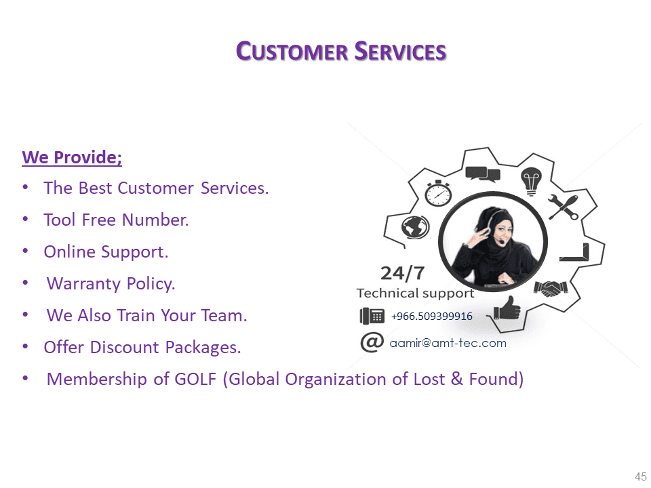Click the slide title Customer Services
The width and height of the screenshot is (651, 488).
click(341, 52)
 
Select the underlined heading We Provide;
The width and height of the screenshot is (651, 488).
click(72, 158)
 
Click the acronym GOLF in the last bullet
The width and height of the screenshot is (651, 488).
click(195, 379)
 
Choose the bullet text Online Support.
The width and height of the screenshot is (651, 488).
click(106, 252)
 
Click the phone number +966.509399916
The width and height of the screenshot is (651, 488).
click(432, 317)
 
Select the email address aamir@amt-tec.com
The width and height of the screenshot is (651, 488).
click(448, 343)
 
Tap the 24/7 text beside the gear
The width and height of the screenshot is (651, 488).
click(402, 273)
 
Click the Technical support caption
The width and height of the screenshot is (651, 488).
click(415, 293)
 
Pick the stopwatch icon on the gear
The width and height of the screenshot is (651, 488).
click(438, 193)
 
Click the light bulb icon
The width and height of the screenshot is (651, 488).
click(531, 181)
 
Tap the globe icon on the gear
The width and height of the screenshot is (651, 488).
click(415, 227)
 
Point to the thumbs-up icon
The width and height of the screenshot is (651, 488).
click(507, 308)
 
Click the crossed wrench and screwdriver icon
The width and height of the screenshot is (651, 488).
click(563, 207)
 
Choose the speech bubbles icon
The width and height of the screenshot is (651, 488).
click(483, 174)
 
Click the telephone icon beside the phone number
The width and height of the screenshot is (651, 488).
click(372, 317)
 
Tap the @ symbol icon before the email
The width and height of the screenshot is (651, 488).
click(372, 342)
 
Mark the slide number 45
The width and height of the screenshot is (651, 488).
click(641, 476)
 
